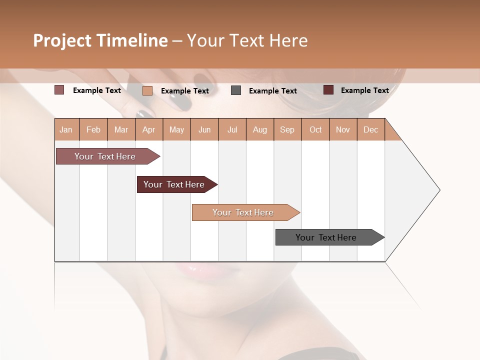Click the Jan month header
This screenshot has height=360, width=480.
point(66,130)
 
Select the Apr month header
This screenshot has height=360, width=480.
point(149,130)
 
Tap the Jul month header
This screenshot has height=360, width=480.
point(232,130)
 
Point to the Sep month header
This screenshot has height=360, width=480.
point(287,130)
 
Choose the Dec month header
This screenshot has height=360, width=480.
point(370,130)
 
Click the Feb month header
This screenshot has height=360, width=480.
point(93,130)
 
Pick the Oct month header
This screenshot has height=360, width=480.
point(315,130)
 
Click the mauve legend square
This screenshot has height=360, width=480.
point(59,90)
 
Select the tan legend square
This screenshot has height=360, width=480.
point(147,90)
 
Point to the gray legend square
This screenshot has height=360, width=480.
point(236,90)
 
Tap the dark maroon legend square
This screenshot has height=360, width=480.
point(328,90)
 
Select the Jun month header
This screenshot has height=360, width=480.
point(204,130)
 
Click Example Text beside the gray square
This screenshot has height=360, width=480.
point(272,91)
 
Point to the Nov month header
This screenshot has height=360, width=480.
point(343,130)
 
